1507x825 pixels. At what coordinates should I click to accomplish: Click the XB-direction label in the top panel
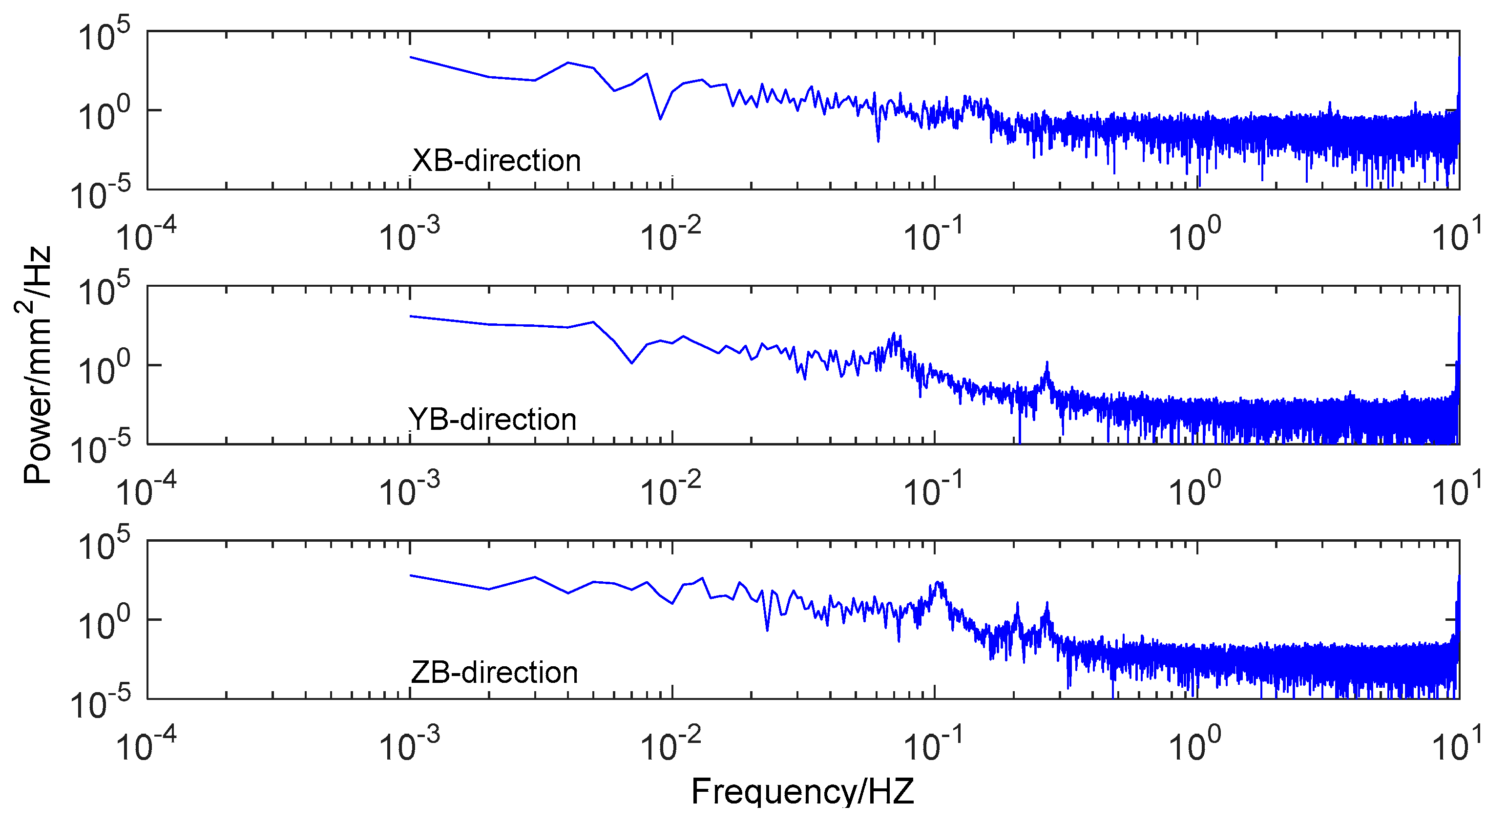tap(496, 161)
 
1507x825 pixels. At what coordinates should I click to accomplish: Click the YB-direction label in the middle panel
tap(492, 420)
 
